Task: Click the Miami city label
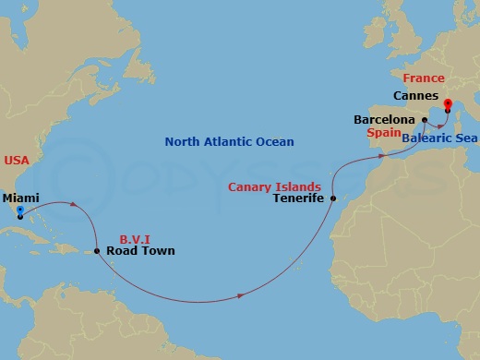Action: tap(20, 198)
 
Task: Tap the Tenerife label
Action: tap(301, 197)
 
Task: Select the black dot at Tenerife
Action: tap(333, 198)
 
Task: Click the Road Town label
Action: tap(140, 250)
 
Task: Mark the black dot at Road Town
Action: tap(98, 250)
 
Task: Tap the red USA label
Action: tap(16, 161)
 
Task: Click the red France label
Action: tap(423, 78)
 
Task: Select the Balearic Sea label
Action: tap(438, 137)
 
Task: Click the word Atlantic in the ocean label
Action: tap(226, 142)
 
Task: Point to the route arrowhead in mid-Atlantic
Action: tap(242, 295)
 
